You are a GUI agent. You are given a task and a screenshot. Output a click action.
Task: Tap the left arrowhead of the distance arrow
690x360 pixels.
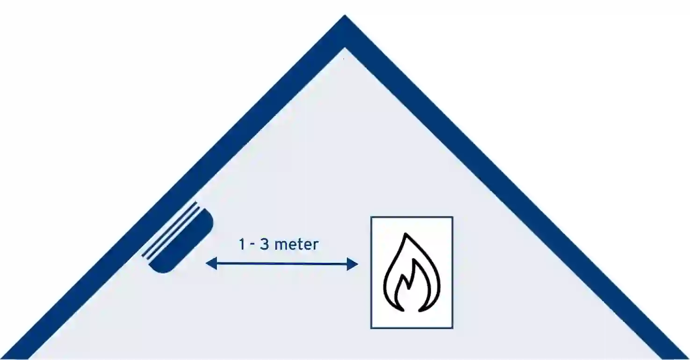point(211,264)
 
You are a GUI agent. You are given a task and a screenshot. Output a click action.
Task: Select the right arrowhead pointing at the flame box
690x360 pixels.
point(352,265)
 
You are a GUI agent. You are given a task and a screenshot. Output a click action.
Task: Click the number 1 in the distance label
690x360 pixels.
point(242,244)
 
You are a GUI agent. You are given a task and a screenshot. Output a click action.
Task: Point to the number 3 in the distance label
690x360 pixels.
point(265,244)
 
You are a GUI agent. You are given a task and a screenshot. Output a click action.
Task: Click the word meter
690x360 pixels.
point(296,244)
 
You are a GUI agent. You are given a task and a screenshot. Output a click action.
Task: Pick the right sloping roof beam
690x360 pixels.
point(514,187)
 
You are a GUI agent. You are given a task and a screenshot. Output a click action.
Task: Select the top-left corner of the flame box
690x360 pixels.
point(371,217)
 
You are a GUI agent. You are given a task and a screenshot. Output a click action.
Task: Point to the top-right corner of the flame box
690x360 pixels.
point(452,217)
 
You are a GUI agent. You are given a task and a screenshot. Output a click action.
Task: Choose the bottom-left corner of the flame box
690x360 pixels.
point(371,328)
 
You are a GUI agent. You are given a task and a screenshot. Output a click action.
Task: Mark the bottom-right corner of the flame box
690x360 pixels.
point(452,328)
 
